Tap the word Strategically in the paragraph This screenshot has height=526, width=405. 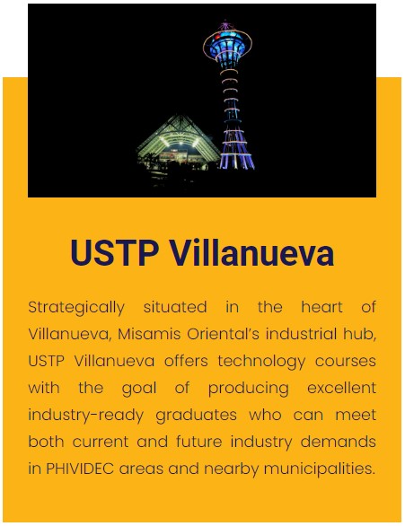pos(76,307)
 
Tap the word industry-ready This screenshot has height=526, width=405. pos(83,415)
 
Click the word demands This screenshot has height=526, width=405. pos(345,442)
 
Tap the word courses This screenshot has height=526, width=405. pos(343,361)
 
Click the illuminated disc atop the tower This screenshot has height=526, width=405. pos(227,42)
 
